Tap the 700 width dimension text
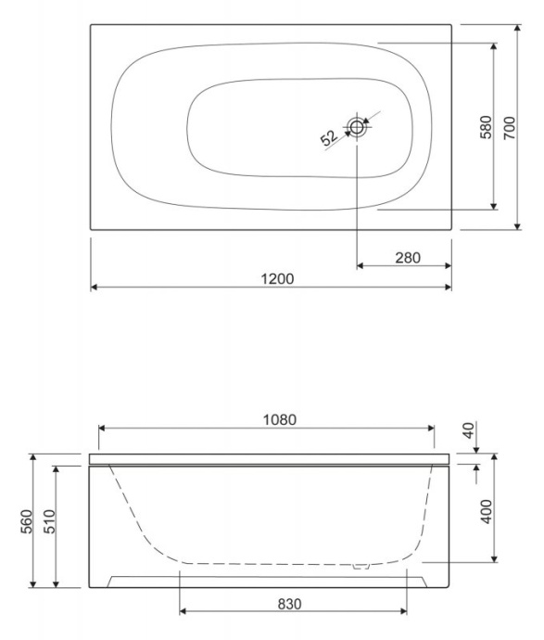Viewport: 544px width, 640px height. pyautogui.click(x=508, y=127)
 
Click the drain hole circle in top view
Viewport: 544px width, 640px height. pyautogui.click(x=358, y=127)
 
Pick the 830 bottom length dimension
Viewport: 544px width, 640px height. pyautogui.click(x=289, y=602)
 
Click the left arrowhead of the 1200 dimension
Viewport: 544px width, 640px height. pyautogui.click(x=95, y=288)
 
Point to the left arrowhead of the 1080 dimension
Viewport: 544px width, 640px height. pyautogui.click(x=103, y=428)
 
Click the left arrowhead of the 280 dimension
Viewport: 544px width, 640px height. pyautogui.click(x=361, y=266)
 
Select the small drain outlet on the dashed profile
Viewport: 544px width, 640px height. pyautogui.click(x=363, y=563)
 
